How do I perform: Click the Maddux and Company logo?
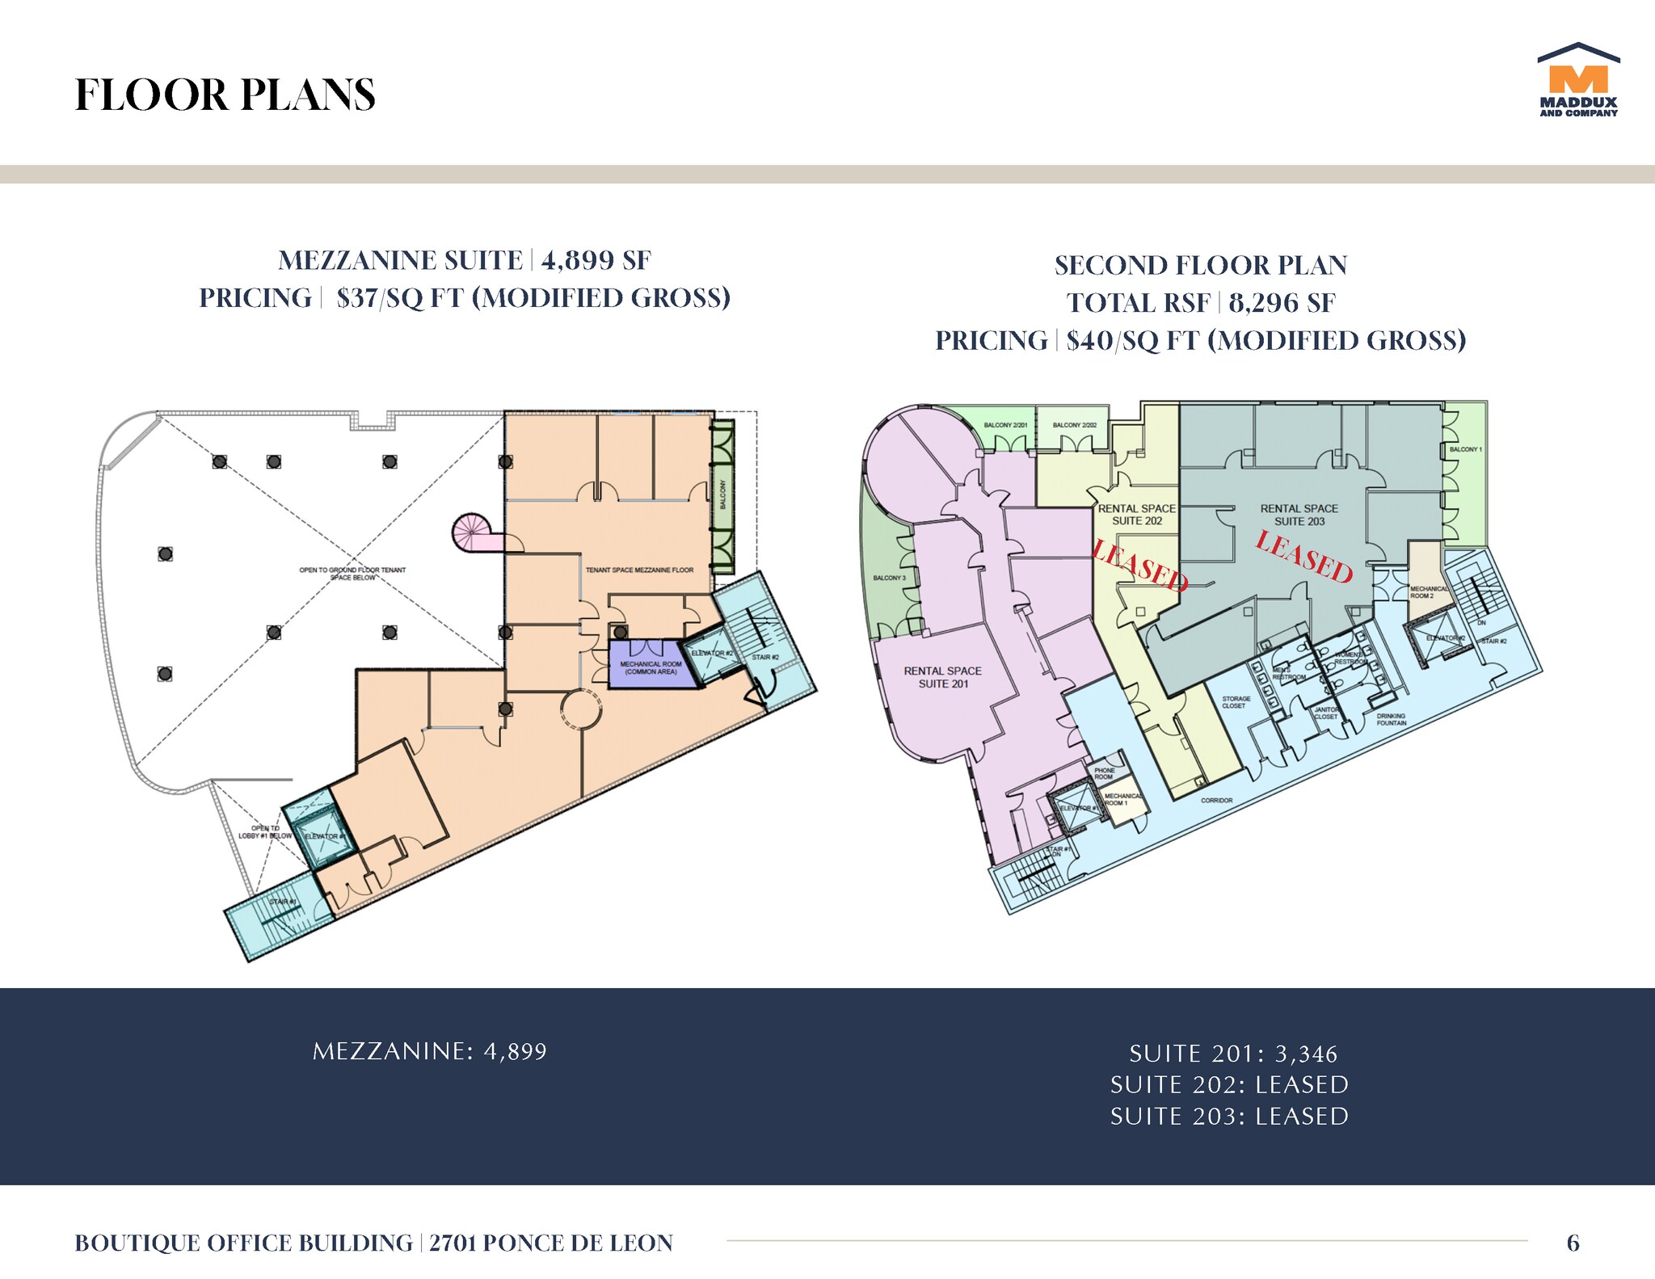[1578, 82]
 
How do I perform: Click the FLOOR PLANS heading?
[225, 95]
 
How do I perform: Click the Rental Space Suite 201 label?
[942, 677]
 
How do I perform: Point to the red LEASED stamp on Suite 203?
[1303, 557]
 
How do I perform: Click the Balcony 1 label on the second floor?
[1465, 449]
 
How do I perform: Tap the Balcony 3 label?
[889, 578]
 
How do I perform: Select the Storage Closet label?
[1236, 702]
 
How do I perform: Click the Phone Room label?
[1104, 773]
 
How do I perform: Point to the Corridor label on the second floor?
[1216, 800]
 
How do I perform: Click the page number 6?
[1573, 1243]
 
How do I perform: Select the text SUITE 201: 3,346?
[1233, 1054]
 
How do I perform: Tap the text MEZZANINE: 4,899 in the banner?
[430, 1051]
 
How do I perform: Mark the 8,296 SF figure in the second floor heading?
[1282, 303]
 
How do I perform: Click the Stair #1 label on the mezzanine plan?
[283, 902]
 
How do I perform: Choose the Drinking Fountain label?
[1391, 719]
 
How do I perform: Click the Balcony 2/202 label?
[1074, 425]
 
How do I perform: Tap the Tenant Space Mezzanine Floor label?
[638, 570]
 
